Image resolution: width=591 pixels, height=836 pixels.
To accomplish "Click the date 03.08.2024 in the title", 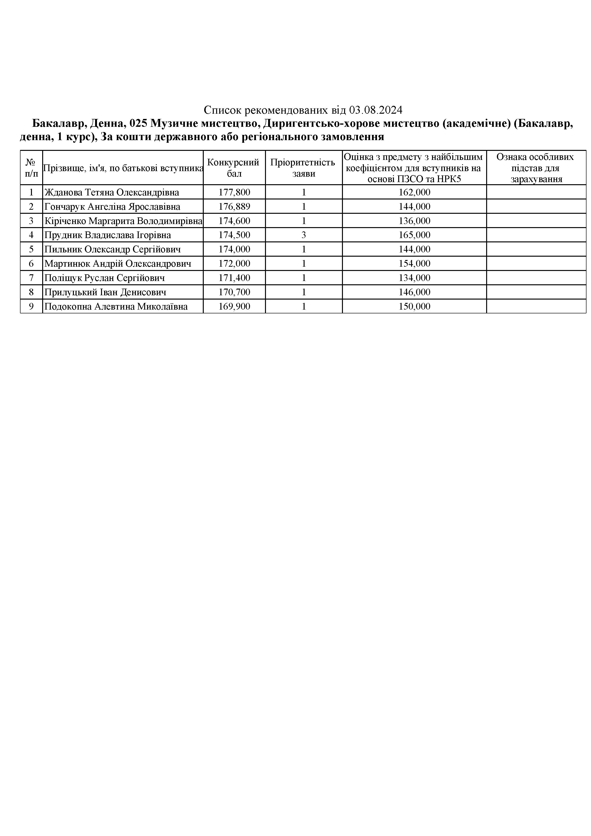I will pyautogui.click(x=376, y=110).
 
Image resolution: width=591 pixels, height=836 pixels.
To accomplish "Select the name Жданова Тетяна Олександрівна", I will pyautogui.click(x=112, y=192).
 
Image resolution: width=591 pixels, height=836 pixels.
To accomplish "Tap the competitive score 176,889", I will pyautogui.click(x=234, y=206).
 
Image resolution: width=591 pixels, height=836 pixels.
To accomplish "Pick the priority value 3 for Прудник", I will pyautogui.click(x=304, y=235).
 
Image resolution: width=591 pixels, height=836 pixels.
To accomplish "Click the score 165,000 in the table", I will pyautogui.click(x=414, y=235).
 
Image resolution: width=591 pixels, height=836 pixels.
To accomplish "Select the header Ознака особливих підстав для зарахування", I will pyautogui.click(x=536, y=168).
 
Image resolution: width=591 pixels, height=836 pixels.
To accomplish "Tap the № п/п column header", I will pyautogui.click(x=31, y=168).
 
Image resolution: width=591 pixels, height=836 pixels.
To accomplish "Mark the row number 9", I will pyautogui.click(x=31, y=306).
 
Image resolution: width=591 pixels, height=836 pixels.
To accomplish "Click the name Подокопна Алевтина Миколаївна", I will pyautogui.click(x=116, y=306).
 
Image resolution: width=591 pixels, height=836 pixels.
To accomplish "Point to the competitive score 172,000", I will pyautogui.click(x=234, y=263).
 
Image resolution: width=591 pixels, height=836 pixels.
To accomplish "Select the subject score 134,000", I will pyautogui.click(x=414, y=278).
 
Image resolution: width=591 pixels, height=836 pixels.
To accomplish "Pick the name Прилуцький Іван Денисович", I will pyautogui.click(x=105, y=292).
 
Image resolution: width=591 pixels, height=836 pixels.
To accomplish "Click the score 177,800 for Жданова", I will pyautogui.click(x=234, y=192).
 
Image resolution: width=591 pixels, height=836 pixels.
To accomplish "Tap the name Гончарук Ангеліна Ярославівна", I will pyautogui.click(x=112, y=206).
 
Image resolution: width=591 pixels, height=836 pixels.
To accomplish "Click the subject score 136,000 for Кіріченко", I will pyautogui.click(x=414, y=221).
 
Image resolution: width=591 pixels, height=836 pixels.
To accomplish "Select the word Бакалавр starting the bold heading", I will pyautogui.click(x=57, y=123).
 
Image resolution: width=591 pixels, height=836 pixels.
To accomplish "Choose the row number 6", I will pyautogui.click(x=31, y=263).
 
